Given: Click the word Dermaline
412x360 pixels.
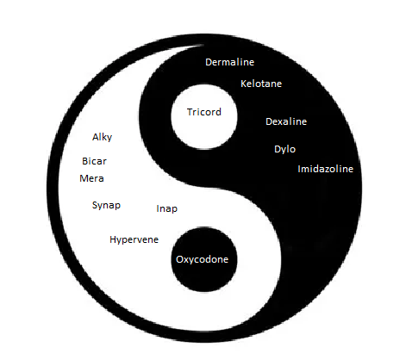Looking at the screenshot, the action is [229, 62].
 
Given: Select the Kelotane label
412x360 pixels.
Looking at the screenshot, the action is [261, 84].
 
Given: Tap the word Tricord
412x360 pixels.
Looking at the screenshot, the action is [204, 112].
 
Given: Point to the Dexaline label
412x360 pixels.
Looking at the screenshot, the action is [286, 121].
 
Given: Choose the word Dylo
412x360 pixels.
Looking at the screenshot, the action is [284, 149].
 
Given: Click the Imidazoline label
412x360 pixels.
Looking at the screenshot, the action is [325, 169].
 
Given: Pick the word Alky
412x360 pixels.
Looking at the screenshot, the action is [102, 137].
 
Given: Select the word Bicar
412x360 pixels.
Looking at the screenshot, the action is [94, 161].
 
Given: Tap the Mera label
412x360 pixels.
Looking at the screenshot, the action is [91, 178].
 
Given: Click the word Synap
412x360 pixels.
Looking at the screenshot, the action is [106, 206].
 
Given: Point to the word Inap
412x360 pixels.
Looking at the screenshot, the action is [166, 209].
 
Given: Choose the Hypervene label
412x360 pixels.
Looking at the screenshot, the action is [134, 240].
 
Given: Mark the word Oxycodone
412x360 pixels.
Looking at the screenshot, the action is [202, 260].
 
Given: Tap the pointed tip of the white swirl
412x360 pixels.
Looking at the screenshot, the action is [203, 45].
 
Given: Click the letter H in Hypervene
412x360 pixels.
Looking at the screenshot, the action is [113, 239].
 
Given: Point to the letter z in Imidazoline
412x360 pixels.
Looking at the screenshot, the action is [331, 170].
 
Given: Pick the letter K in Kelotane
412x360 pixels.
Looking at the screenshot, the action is [243, 84].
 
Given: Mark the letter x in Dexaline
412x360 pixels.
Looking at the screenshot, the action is [281, 122].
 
